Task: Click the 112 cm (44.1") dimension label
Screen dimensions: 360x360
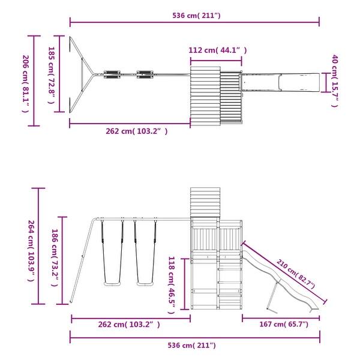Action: point(217,50)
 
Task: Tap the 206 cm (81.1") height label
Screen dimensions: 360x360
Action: point(25,82)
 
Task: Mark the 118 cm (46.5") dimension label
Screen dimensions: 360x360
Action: point(172,283)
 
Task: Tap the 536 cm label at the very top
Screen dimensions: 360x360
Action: point(194,15)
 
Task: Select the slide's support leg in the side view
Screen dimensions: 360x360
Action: point(273,298)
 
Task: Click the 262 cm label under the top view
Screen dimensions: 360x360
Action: point(130,131)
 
